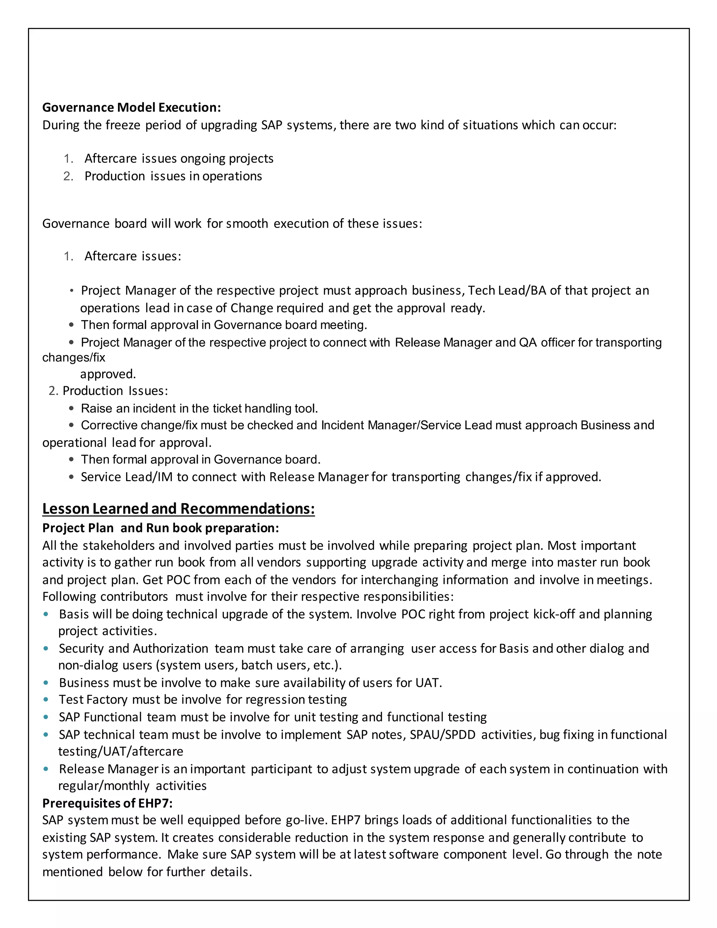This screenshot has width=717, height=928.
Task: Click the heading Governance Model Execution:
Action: click(131, 108)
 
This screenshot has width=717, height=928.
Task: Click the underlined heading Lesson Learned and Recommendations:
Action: click(179, 508)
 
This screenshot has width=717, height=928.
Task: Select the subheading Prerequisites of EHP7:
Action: click(107, 803)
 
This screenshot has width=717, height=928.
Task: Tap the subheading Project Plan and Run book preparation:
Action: click(161, 528)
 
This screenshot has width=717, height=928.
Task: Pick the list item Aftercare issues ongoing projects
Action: click(179, 159)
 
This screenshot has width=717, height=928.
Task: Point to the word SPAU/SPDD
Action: click(442, 735)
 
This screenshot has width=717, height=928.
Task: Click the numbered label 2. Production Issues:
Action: click(108, 391)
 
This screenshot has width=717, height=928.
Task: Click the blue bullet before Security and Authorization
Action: click(46, 649)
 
